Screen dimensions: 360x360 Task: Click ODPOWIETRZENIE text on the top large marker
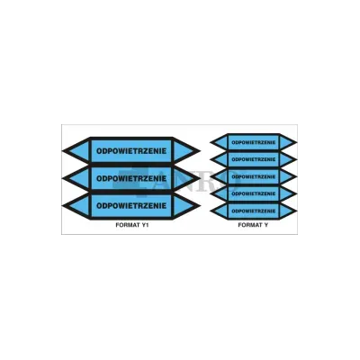pyautogui.click(x=131, y=151)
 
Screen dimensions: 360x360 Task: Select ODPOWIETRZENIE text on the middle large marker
pyautogui.click(x=131, y=178)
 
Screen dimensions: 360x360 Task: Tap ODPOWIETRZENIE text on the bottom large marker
pyautogui.click(x=131, y=206)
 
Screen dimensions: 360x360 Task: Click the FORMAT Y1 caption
pyautogui.click(x=132, y=225)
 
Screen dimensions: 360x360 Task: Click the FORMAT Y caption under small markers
pyautogui.click(x=253, y=225)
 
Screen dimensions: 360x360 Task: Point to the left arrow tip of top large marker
pyautogui.click(x=63, y=151)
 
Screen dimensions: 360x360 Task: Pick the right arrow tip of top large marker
pyautogui.click(x=200, y=151)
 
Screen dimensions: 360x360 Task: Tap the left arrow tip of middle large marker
pyautogui.click(x=63, y=178)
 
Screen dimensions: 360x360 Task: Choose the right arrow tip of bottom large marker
pyautogui.click(x=200, y=206)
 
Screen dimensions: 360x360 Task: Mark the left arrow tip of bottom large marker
pyautogui.click(x=63, y=206)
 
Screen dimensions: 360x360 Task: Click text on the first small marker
pyautogui.click(x=254, y=142)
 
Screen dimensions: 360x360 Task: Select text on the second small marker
pyautogui.click(x=254, y=159)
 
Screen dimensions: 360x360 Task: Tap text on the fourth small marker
pyautogui.click(x=254, y=193)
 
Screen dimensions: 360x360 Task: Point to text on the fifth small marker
pyautogui.click(x=254, y=211)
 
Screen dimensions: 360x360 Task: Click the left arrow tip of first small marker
pyautogui.click(x=211, y=142)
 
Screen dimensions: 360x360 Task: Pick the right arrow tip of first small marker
pyautogui.click(x=297, y=142)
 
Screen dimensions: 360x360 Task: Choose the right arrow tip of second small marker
pyautogui.click(x=297, y=159)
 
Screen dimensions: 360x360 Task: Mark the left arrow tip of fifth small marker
pyautogui.click(x=211, y=211)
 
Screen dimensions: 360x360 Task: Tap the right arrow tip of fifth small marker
pyautogui.click(x=297, y=211)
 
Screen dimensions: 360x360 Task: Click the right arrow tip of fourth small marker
pyautogui.click(x=297, y=193)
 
